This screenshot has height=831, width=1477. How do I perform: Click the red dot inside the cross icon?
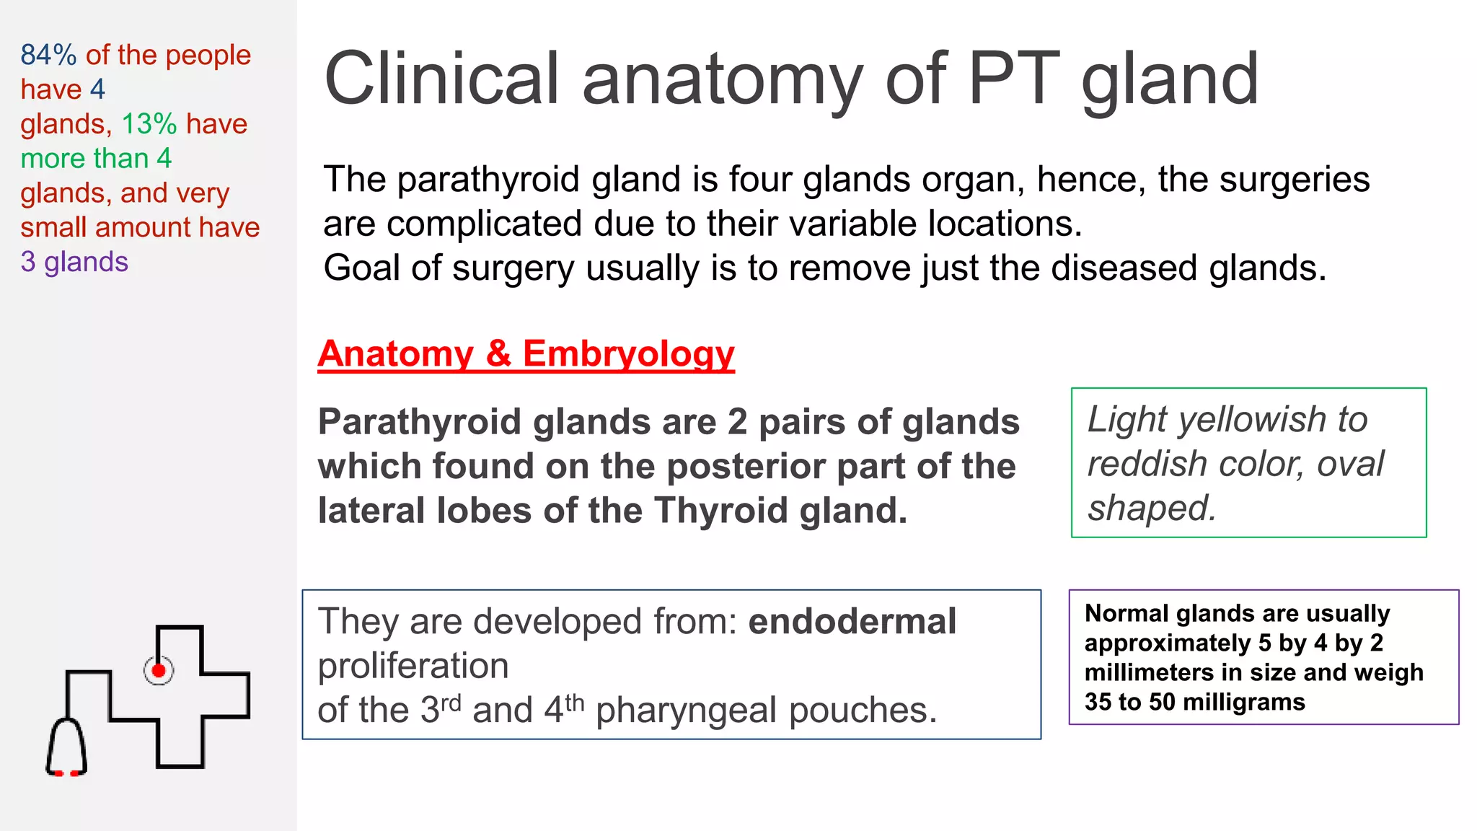tap(159, 671)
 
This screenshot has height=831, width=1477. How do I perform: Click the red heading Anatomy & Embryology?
tap(526, 354)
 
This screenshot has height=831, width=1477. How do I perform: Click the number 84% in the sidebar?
tap(48, 55)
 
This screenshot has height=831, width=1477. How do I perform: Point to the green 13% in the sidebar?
tap(149, 124)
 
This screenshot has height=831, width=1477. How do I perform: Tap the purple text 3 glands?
tap(74, 262)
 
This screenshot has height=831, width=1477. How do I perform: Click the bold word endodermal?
tap(852, 621)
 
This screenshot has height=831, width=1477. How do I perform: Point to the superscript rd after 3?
tap(451, 703)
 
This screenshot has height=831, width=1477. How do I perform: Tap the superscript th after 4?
tap(574, 703)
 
